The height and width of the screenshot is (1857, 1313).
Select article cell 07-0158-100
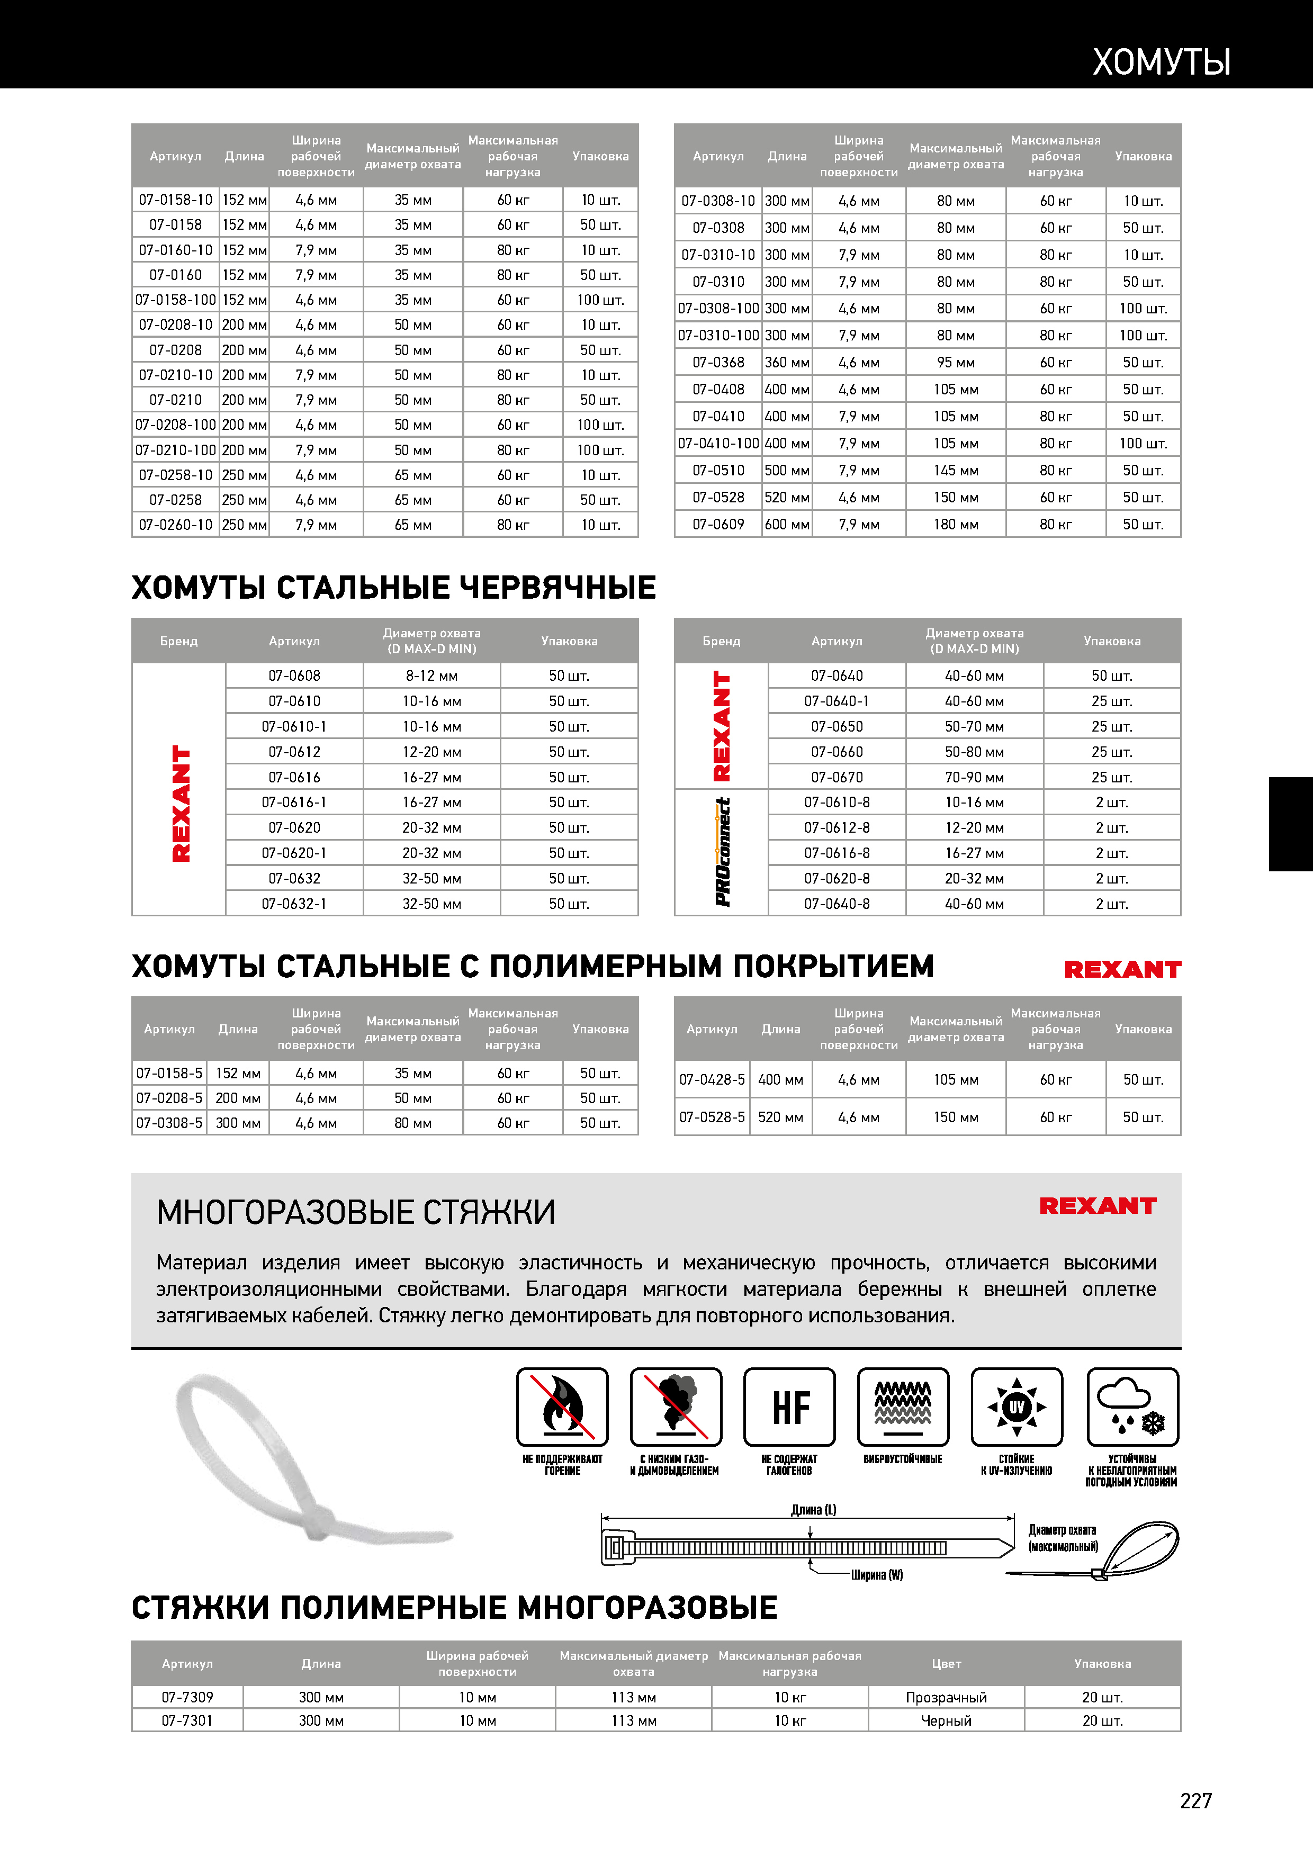click(176, 300)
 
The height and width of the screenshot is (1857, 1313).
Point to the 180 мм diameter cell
click(956, 524)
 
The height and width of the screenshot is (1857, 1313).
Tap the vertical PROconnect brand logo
click(722, 852)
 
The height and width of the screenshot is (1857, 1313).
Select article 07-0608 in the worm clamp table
click(294, 675)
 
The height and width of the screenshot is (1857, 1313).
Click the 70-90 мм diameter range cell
click(974, 777)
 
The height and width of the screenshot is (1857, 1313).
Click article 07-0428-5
click(712, 1080)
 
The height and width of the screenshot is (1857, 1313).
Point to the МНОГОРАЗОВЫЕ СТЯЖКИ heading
click(356, 1212)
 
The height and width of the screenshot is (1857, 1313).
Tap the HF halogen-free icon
click(789, 1408)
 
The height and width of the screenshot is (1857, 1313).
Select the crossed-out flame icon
click(562, 1408)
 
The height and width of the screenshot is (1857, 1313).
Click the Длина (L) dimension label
click(813, 1509)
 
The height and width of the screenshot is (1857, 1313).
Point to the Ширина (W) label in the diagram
click(876, 1575)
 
